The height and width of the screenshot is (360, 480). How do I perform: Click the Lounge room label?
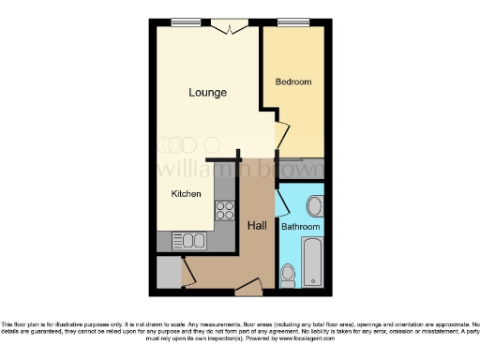point(206,92)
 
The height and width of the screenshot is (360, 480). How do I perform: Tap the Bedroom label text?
point(292,82)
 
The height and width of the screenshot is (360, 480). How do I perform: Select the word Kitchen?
point(186,194)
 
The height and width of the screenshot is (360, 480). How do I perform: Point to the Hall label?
point(257,226)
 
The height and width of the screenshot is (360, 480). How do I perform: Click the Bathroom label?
point(301,227)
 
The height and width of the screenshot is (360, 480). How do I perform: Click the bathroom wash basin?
point(315,205)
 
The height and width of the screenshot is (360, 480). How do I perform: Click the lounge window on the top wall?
point(186,22)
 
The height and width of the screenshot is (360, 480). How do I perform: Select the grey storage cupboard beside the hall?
point(168,272)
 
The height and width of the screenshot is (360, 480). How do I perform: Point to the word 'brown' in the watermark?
point(292,172)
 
